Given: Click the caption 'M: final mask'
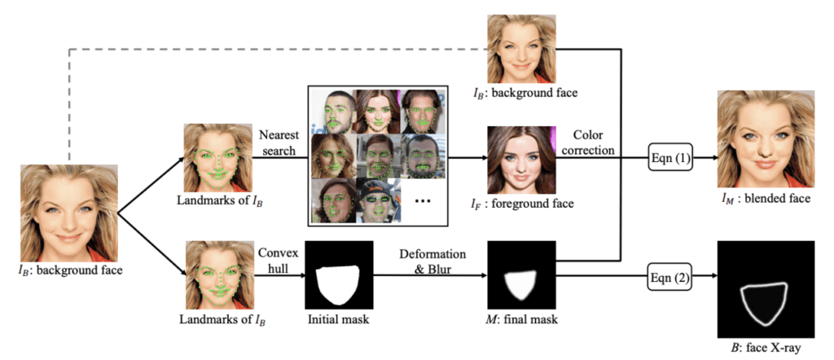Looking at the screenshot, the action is click(x=518, y=319).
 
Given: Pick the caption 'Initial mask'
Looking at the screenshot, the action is click(x=335, y=319).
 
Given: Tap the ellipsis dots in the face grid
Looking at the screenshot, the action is click(x=422, y=200).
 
